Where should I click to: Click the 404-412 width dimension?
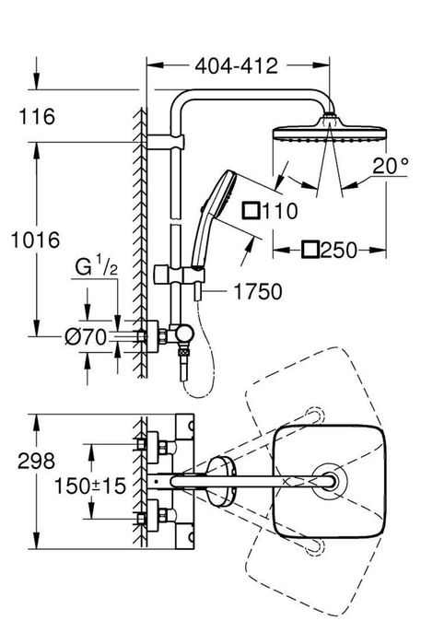(x=237, y=66)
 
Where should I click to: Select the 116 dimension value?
(x=37, y=117)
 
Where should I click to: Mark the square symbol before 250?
(x=310, y=249)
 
